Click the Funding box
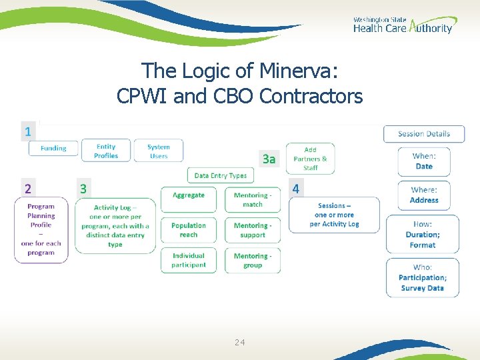[x=53, y=148]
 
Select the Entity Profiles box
[x=106, y=151]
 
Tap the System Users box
[x=158, y=151]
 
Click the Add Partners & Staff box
[x=310, y=159]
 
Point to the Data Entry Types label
[x=220, y=175]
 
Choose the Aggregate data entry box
[x=189, y=199]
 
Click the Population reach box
[x=189, y=230]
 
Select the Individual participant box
[x=189, y=260]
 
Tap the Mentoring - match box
[x=253, y=199]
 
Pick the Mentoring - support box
[x=253, y=230]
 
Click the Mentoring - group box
[x=253, y=260]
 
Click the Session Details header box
[x=424, y=133]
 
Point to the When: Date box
[x=424, y=161]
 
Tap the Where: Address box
[x=424, y=195]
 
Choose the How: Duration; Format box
[x=423, y=235]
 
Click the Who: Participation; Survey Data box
[x=423, y=277]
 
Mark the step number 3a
[x=269, y=159]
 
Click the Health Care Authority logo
[x=402, y=25]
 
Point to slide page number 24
[x=240, y=342]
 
